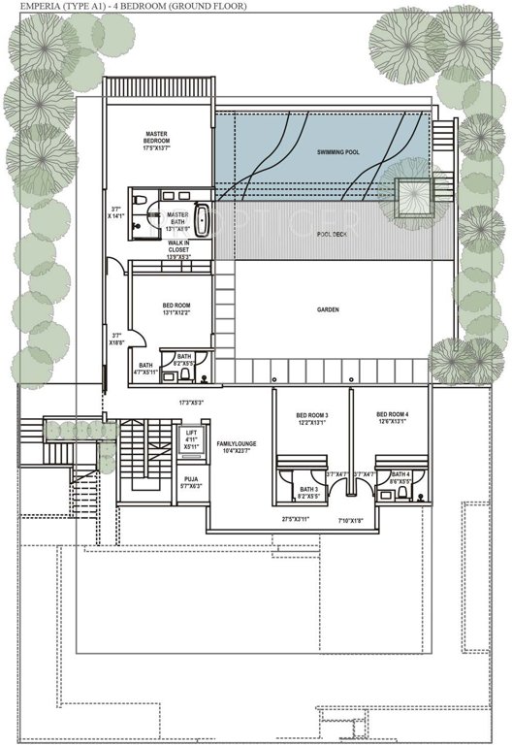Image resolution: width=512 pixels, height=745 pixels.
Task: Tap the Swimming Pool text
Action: (340, 153)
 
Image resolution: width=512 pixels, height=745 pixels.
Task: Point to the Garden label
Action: (328, 310)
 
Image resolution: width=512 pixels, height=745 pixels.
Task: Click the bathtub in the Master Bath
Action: (201, 220)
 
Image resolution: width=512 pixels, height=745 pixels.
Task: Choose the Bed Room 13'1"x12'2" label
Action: (176, 309)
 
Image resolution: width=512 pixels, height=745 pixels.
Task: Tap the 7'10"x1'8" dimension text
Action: (349, 520)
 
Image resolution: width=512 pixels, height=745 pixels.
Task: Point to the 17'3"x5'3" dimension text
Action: (191, 402)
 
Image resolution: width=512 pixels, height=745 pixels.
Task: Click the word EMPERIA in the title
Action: (26, 6)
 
